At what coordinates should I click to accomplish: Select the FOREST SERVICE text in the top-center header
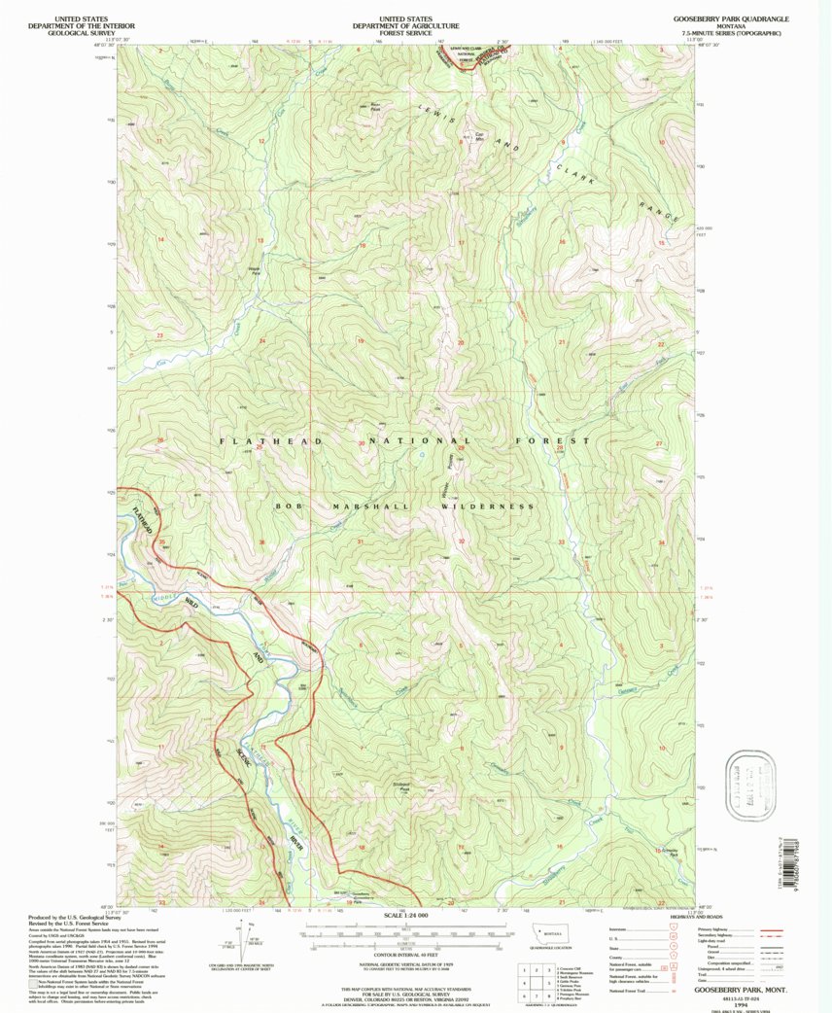pyautogui.click(x=407, y=31)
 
